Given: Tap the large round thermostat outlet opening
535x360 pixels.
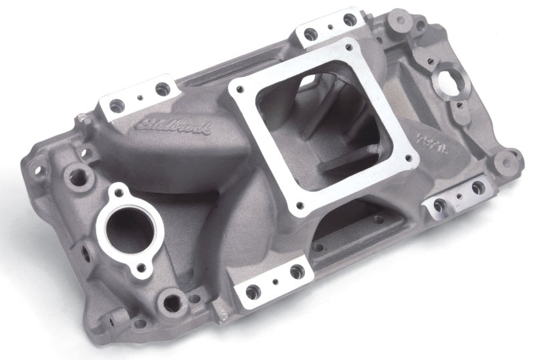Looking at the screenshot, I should tap(130, 228).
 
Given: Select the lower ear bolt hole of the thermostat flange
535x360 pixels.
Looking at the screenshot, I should tap(141, 269).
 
